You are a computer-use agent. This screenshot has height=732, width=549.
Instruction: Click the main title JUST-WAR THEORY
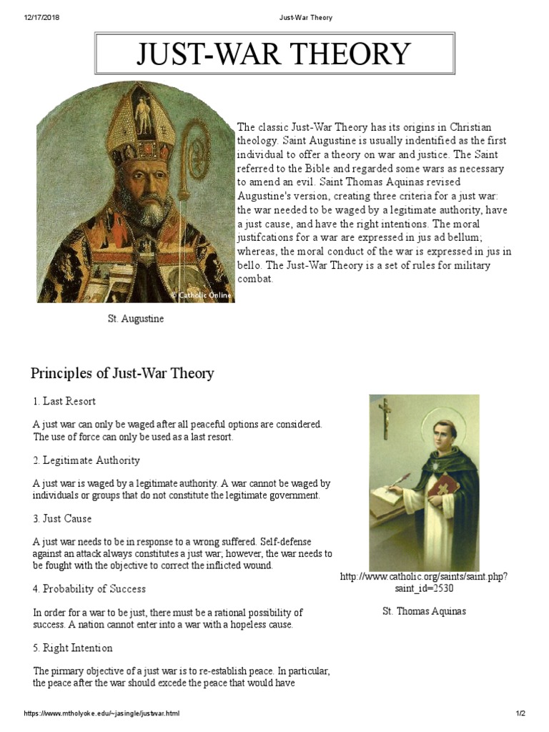[274, 54]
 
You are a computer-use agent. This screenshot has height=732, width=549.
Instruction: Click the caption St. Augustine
[136, 319]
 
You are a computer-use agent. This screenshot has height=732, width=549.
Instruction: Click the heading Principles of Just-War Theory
[122, 373]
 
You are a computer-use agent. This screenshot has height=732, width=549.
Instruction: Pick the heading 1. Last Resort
[64, 402]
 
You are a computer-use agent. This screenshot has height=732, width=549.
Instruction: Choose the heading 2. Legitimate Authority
[86, 460]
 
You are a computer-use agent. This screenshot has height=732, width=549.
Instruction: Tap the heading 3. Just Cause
[62, 518]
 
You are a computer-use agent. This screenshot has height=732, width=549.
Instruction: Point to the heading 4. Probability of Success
[89, 589]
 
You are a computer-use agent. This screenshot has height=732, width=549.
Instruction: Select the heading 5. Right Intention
[72, 648]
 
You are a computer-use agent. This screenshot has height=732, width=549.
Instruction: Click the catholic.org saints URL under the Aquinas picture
[424, 583]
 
